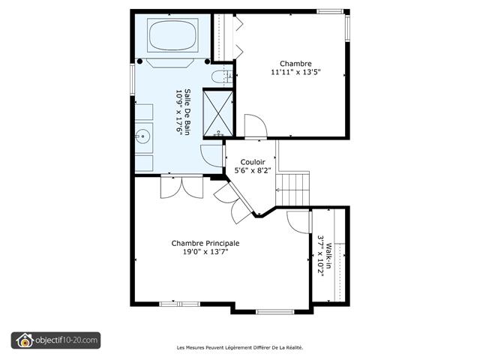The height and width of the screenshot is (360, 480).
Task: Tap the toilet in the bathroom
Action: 220,76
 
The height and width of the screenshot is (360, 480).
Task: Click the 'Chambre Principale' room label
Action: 205,243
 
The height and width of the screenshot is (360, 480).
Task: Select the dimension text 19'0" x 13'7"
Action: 205,253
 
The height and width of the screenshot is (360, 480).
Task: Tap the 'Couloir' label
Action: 252,161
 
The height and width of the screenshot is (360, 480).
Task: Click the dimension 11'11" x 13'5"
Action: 295,73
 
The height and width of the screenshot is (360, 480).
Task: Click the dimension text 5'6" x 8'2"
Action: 252,171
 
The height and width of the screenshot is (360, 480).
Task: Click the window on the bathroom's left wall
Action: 132,79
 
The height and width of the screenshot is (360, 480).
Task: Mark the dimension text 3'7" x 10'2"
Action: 320,255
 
